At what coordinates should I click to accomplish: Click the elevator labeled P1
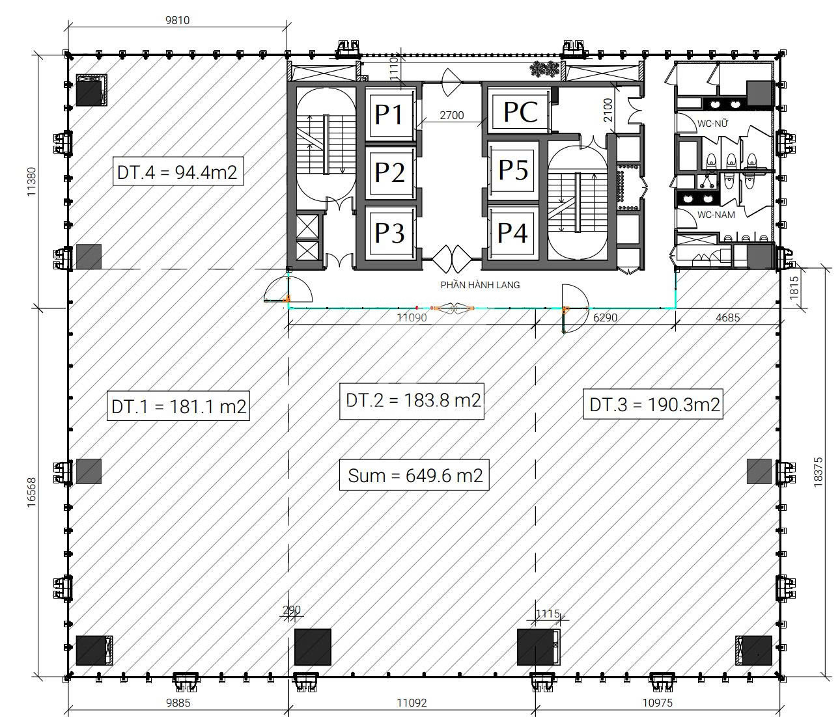[389, 113]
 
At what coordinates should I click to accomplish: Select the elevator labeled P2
[389, 172]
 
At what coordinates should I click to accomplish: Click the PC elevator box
[520, 111]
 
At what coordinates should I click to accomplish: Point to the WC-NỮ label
[712, 124]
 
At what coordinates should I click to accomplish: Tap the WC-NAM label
[716, 214]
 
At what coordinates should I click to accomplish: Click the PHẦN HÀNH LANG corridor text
[480, 285]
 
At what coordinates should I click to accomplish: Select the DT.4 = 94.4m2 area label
[178, 171]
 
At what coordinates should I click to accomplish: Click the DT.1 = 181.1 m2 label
[178, 405]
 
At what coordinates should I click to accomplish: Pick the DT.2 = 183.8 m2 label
[412, 401]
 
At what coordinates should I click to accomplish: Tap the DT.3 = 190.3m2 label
[654, 404]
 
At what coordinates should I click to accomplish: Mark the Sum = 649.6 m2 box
[414, 474]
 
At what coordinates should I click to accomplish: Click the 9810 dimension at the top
[178, 20]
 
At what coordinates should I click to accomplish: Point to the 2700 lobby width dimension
[451, 116]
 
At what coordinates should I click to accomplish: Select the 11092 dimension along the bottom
[412, 703]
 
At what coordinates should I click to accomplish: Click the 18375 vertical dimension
[818, 472]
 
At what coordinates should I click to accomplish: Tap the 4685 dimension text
[727, 318]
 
